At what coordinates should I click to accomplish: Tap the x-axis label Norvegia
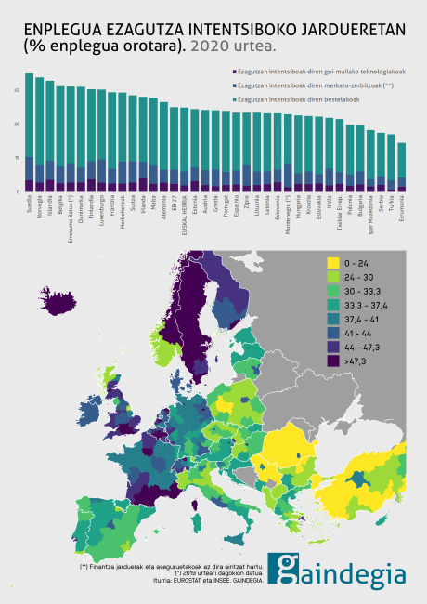pyautogui.click(x=40, y=205)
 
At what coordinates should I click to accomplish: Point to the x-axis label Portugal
pyautogui.click(x=226, y=206)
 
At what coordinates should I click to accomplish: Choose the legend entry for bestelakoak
pyautogui.click(x=295, y=98)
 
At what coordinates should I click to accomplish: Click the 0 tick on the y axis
pyautogui.click(x=18, y=191)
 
